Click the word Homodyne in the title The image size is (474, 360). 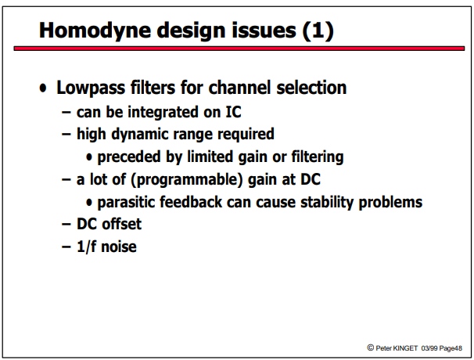click(x=95, y=31)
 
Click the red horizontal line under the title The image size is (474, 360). click(x=239, y=49)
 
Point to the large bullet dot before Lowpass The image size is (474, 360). click(x=43, y=88)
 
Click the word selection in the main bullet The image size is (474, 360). click(x=311, y=88)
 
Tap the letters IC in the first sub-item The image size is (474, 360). click(x=233, y=112)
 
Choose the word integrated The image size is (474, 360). click(x=163, y=113)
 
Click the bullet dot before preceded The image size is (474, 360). click(x=89, y=157)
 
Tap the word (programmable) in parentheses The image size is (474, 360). click(x=187, y=180)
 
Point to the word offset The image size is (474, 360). click(x=121, y=224)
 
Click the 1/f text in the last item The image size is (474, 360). click(x=87, y=247)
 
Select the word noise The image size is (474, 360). click(x=119, y=247)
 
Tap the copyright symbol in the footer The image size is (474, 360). click(x=370, y=347)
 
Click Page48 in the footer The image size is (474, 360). click(x=451, y=348)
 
